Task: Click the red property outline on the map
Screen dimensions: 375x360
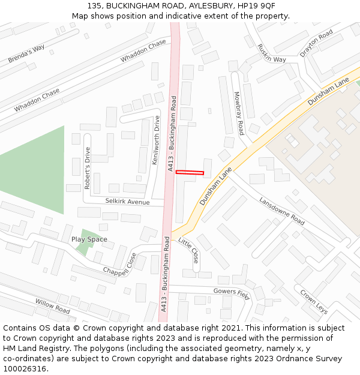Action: (x=190, y=173)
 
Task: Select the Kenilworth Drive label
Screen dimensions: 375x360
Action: (x=156, y=140)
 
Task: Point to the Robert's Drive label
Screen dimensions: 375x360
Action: (x=88, y=168)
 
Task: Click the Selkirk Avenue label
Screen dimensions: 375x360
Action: (x=127, y=202)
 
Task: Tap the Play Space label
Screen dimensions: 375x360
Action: (x=89, y=239)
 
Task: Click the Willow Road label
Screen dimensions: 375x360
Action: (x=52, y=306)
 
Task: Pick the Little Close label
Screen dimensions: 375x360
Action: (x=189, y=250)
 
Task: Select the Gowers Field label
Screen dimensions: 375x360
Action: (x=231, y=292)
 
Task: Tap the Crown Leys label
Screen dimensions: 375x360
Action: (x=314, y=302)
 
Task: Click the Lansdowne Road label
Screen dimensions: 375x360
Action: (x=281, y=210)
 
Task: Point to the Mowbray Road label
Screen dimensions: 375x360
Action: (x=239, y=113)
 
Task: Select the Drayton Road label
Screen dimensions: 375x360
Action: (x=316, y=43)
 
